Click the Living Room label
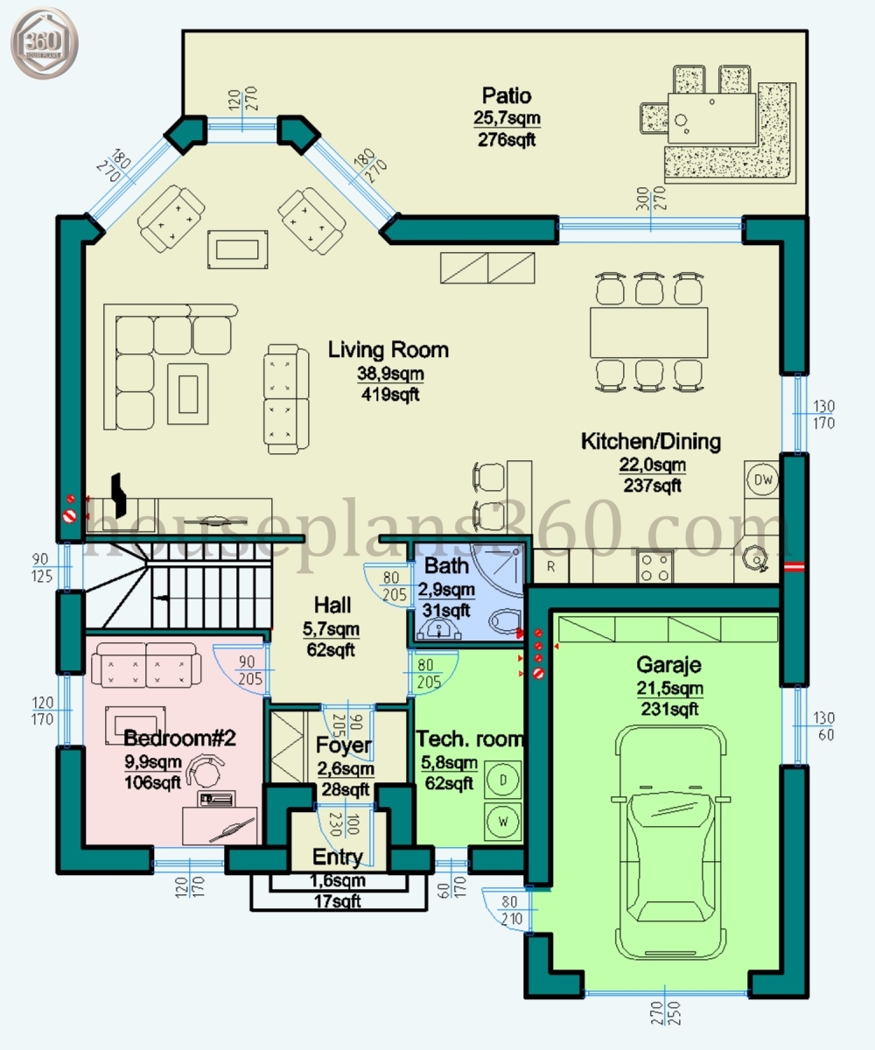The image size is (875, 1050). pyautogui.click(x=388, y=351)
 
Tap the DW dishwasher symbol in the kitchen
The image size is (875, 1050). pyautogui.click(x=761, y=479)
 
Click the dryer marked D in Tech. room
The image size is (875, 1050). pyautogui.click(x=503, y=778)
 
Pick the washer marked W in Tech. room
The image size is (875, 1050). pyautogui.click(x=503, y=821)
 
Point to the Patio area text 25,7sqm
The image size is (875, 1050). pyautogui.click(x=507, y=117)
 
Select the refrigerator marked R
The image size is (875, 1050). pyautogui.click(x=551, y=566)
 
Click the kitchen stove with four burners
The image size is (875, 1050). pyautogui.click(x=654, y=565)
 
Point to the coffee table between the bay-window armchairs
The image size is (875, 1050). pyautogui.click(x=237, y=248)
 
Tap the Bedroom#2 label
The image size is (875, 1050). pyautogui.click(x=180, y=738)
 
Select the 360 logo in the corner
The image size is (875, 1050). pyautogui.click(x=44, y=40)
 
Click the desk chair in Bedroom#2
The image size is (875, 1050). pyautogui.click(x=208, y=771)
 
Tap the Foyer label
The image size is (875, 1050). pyautogui.click(x=343, y=746)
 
